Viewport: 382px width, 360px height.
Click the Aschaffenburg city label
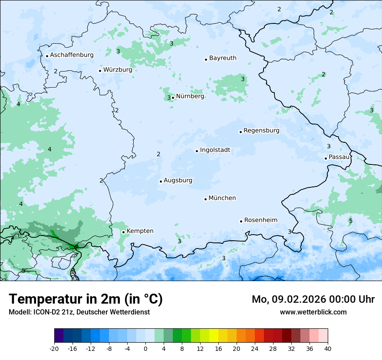pyautogui.click(x=72, y=55)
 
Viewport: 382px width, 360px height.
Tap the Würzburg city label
pyautogui.click(x=118, y=70)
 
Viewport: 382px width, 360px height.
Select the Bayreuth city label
pyautogui.click(x=223, y=58)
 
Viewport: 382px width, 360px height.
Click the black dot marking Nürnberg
pyautogui.click(x=173, y=98)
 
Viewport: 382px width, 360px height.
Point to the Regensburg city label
pyautogui.click(x=261, y=131)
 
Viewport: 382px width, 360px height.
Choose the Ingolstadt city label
pyautogui.click(x=215, y=151)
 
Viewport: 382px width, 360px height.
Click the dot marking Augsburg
pyautogui.click(x=161, y=181)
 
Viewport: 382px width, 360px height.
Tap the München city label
pyautogui.click(x=222, y=198)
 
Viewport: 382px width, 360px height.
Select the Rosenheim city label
pyautogui.click(x=260, y=220)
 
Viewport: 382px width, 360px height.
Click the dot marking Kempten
pyautogui.click(x=123, y=232)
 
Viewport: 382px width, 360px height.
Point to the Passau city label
pyautogui.click(x=339, y=157)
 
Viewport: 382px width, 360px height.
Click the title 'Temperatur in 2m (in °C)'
pyautogui.click(x=86, y=299)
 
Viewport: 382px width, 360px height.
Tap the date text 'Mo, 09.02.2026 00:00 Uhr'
pyautogui.click(x=313, y=299)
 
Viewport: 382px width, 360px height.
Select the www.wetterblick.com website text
pyautogui.click(x=313, y=312)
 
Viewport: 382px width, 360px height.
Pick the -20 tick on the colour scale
pyautogui.click(x=54, y=348)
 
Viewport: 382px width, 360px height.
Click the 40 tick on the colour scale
pyautogui.click(x=328, y=348)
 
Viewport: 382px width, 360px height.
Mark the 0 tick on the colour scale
pyautogui.click(x=145, y=348)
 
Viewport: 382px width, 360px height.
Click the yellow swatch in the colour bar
pyautogui.click(x=214, y=336)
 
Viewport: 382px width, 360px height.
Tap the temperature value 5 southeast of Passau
pyautogui.click(x=351, y=221)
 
